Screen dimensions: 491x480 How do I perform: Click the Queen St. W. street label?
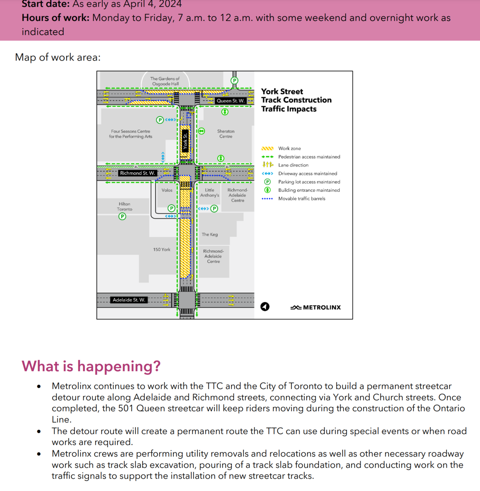click(x=230, y=101)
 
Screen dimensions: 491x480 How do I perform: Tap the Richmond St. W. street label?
click(x=137, y=173)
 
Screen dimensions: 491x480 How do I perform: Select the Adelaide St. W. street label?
click(x=129, y=300)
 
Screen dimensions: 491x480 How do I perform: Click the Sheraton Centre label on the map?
click(x=226, y=134)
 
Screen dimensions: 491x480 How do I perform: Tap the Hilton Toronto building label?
click(x=124, y=207)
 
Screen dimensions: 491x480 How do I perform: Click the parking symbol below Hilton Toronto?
click(x=122, y=216)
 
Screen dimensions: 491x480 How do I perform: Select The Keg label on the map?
click(x=210, y=234)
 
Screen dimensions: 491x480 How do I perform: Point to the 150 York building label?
click(x=162, y=250)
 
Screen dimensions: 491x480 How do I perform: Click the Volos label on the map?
click(x=167, y=190)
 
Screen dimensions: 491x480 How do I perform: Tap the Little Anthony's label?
click(x=210, y=193)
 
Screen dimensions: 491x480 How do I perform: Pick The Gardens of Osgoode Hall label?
click(x=165, y=81)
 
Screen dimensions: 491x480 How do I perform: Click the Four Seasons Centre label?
click(x=131, y=134)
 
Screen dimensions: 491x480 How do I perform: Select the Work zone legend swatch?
click(x=267, y=148)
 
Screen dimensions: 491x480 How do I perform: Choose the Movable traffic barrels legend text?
click(x=302, y=199)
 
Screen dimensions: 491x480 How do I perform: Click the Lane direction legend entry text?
click(x=293, y=165)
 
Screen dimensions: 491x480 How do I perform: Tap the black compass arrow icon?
click(x=265, y=306)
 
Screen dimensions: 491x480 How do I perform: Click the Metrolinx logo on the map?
click(x=316, y=307)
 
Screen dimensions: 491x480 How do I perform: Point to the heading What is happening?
click(x=91, y=366)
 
